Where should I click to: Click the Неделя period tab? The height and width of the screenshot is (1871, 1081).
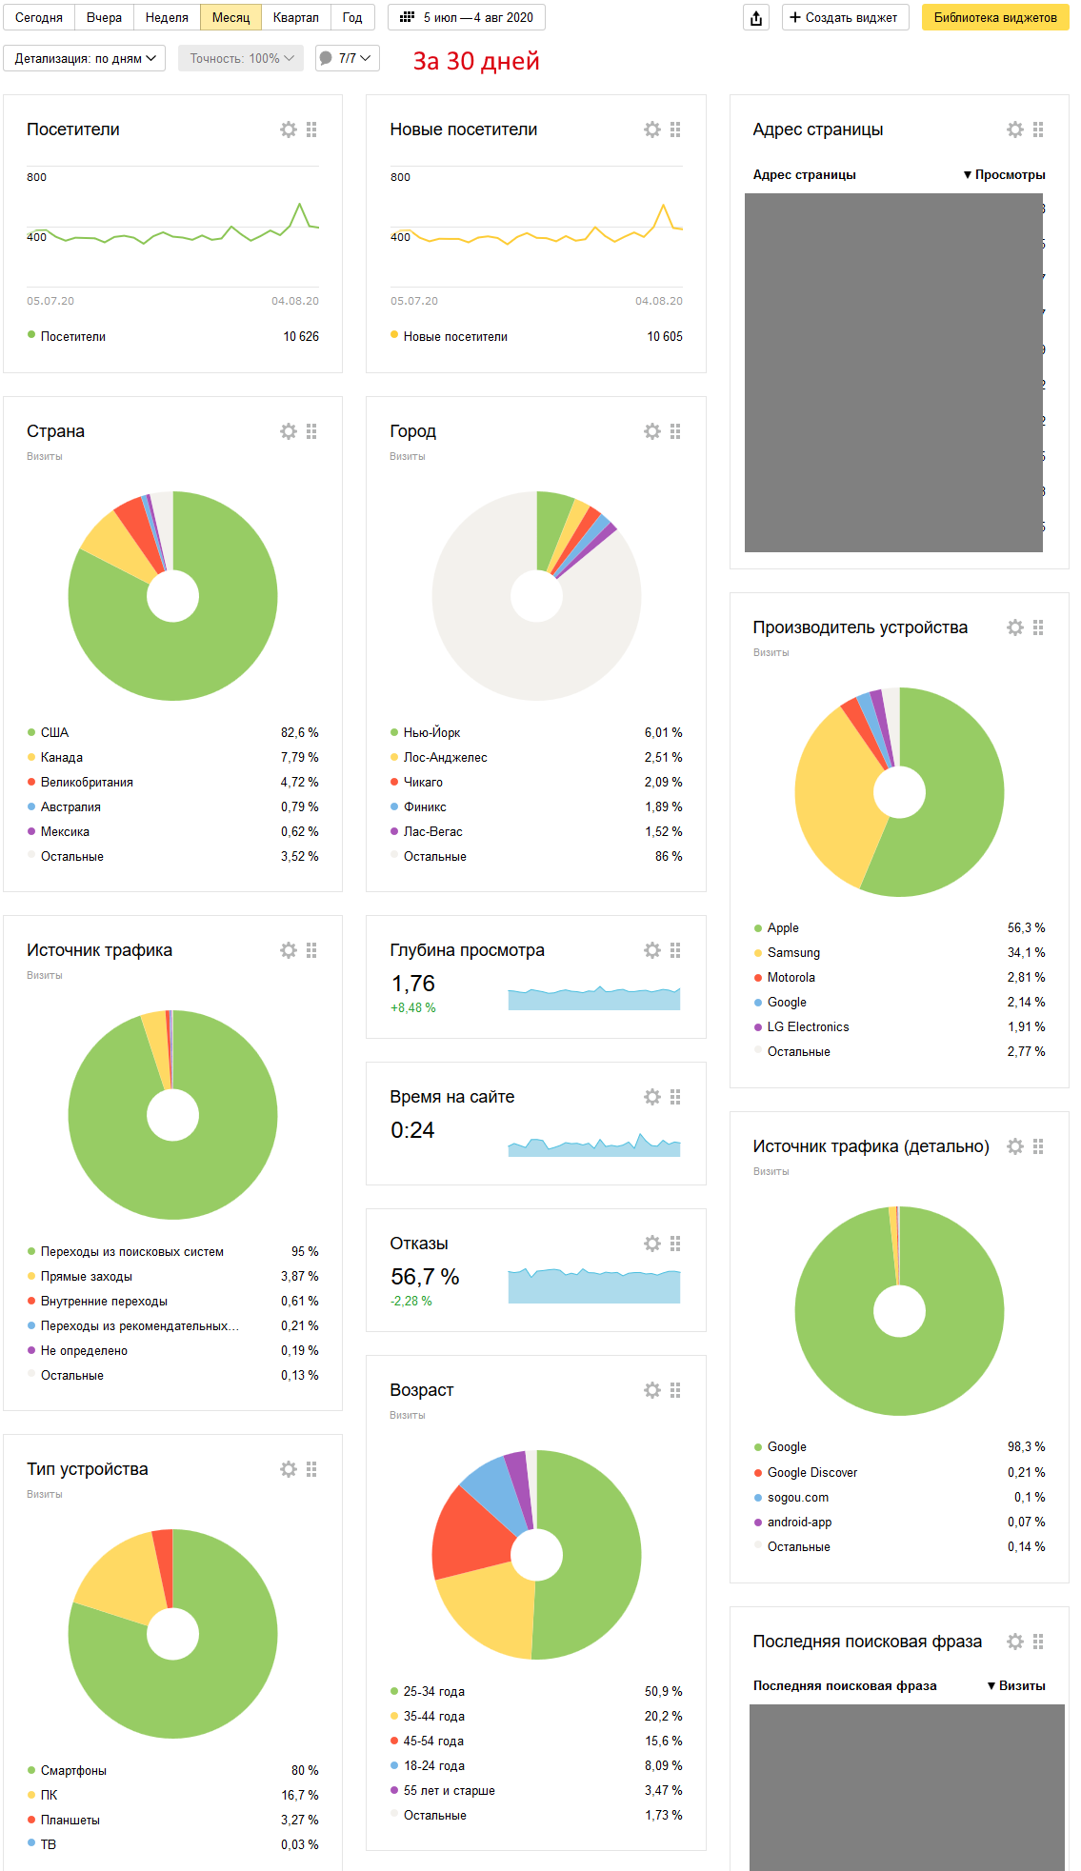pos(167,17)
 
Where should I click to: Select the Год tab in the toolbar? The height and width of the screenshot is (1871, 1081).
pos(352,17)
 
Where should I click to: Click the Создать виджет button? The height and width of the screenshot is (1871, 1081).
pos(845,17)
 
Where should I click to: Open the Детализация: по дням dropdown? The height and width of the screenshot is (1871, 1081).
pos(85,58)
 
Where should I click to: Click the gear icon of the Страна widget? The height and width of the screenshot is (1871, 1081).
pos(289,431)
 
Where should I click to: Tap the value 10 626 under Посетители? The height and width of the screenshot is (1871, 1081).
pos(301,336)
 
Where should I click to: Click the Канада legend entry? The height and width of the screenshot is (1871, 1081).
pos(62,757)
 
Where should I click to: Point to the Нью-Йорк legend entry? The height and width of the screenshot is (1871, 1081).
pos(431,732)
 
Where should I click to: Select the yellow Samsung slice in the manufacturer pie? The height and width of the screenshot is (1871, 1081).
pos(833,800)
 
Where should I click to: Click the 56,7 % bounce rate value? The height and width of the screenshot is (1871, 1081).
pos(425,1277)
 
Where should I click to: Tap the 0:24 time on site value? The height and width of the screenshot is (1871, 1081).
pos(412,1130)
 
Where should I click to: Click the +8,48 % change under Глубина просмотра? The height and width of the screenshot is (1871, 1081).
pos(413,1007)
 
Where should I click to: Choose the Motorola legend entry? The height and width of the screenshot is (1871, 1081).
pos(791,977)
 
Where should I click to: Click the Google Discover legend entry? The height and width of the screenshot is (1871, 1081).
pos(811,1472)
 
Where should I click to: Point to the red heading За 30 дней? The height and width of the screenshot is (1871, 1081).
pos(476,61)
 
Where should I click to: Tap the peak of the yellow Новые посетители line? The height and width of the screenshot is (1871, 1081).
pos(663,205)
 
